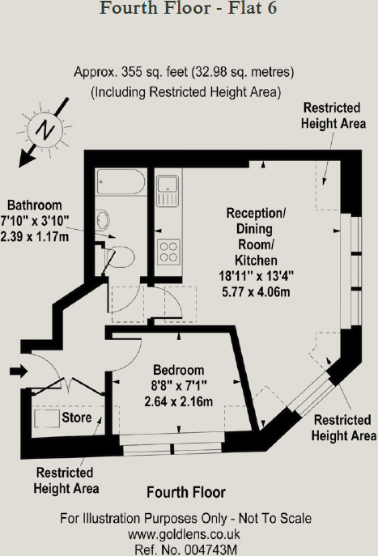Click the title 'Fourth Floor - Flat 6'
188,11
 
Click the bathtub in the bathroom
120,185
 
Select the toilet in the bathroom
118,257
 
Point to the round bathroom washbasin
103,219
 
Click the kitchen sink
168,191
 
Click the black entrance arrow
17,372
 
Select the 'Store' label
77,418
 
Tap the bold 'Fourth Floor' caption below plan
186,492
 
